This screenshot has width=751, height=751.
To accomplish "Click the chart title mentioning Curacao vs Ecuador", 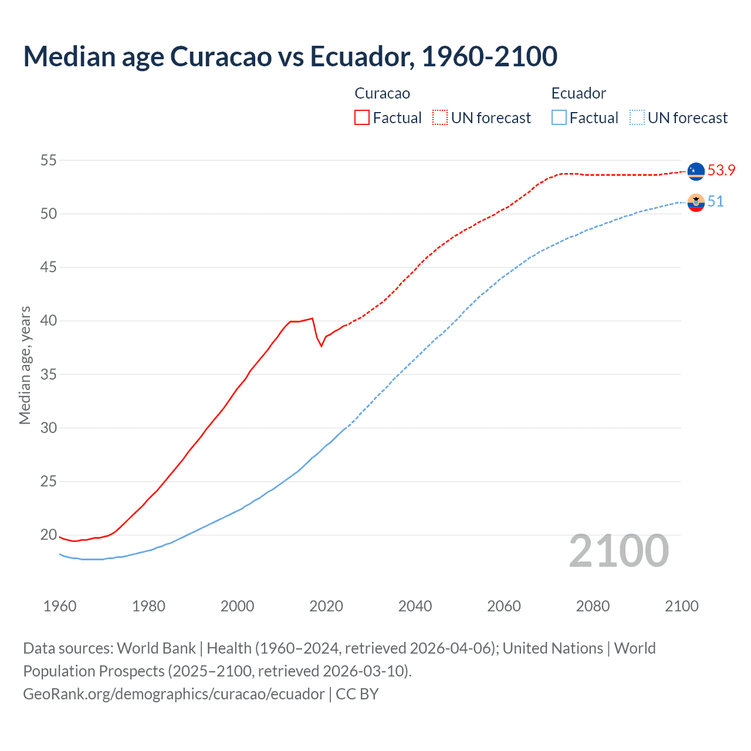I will tap(290, 56).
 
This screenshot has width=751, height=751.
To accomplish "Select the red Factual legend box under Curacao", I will tap(362, 117).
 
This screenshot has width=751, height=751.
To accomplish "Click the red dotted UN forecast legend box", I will tap(440, 117).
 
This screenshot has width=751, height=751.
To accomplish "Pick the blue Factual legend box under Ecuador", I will tap(559, 117).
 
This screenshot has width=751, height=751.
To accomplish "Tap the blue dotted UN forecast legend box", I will tap(637, 117).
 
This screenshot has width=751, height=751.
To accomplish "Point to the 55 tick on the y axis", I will tap(49, 160).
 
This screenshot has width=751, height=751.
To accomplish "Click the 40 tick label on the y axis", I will tap(49, 321).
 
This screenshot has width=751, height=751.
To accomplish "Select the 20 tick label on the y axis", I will tap(49, 535).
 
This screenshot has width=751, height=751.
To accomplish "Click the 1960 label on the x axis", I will tap(60, 606).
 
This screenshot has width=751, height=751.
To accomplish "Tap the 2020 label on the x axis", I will tap(326, 606).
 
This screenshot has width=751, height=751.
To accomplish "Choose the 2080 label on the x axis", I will tap(593, 606).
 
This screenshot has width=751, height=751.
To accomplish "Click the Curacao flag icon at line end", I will tap(696, 171).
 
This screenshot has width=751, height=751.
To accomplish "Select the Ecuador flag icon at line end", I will tap(696, 202).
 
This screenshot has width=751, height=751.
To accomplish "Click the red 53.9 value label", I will tap(721, 170).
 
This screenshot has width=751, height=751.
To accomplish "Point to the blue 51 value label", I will tap(715, 202).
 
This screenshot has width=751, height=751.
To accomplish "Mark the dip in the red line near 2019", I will tap(321, 346).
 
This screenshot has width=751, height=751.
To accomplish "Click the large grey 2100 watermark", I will tap(618, 551).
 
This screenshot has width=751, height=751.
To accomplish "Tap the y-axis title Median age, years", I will tap(25, 365).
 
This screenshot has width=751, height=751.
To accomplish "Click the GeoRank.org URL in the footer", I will tap(174, 694).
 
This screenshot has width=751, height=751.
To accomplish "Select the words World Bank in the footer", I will tap(156, 648).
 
